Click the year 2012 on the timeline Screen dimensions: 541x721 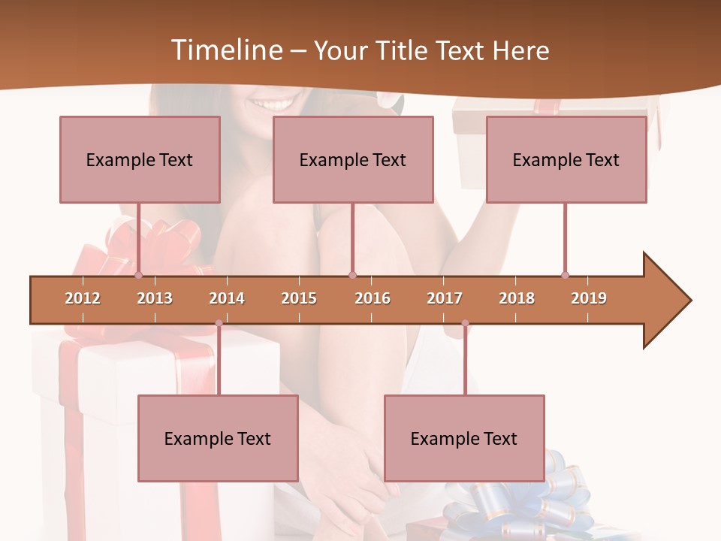click(83, 298)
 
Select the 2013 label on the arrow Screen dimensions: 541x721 click(155, 298)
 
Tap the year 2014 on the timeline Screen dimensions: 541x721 click(227, 298)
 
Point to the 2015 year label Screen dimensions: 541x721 click(299, 298)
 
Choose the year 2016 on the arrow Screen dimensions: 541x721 click(373, 298)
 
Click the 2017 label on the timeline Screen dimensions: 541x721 click(445, 298)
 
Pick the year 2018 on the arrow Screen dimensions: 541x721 click(517, 298)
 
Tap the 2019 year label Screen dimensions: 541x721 click(589, 298)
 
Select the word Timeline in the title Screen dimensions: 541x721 click(226, 50)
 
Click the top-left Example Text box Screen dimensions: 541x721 click(140, 159)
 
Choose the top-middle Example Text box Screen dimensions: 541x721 click(353, 159)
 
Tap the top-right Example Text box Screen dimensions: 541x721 click(566, 159)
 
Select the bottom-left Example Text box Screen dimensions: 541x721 click(218, 438)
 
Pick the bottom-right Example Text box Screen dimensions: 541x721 click(464, 438)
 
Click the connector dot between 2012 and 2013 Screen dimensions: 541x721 click(138, 276)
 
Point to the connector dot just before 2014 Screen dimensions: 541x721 click(219, 323)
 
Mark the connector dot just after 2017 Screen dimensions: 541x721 click(465, 323)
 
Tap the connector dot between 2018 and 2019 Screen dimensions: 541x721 click(565, 276)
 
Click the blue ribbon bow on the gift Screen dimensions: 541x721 click(518, 500)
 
